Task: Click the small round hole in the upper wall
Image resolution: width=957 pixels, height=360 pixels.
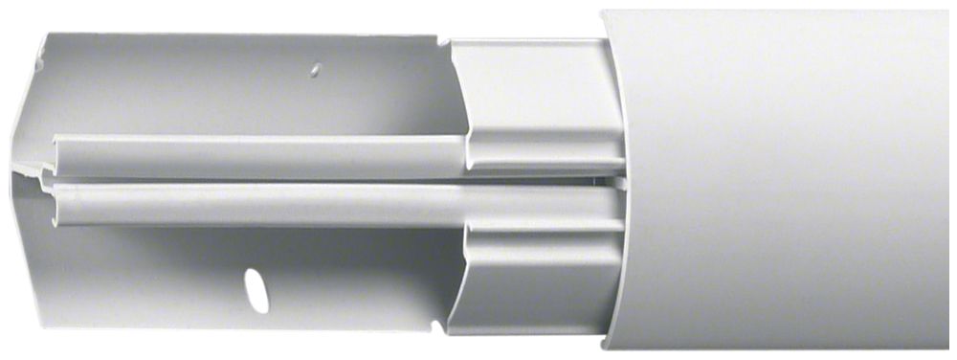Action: pyautogui.click(x=314, y=70)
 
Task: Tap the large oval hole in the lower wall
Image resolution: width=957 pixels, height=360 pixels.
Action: pyautogui.click(x=256, y=288)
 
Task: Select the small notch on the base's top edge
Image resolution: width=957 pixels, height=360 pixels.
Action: pyautogui.click(x=441, y=40)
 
